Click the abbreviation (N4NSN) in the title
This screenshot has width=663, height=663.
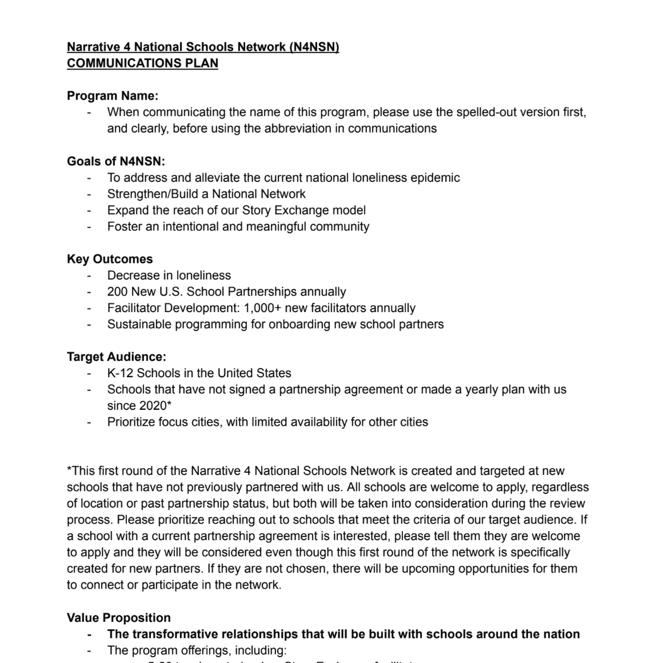click(314, 47)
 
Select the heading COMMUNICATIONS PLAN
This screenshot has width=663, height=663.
click(142, 63)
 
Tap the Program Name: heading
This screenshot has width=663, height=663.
click(113, 95)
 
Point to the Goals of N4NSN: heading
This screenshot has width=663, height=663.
click(116, 161)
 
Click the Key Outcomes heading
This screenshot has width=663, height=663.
click(110, 259)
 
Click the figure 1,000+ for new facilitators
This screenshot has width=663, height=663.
click(262, 308)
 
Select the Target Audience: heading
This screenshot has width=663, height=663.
click(117, 357)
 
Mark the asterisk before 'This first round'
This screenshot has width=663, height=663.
click(69, 470)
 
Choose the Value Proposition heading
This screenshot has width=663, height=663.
click(119, 618)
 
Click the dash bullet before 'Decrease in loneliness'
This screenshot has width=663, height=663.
click(89, 276)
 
